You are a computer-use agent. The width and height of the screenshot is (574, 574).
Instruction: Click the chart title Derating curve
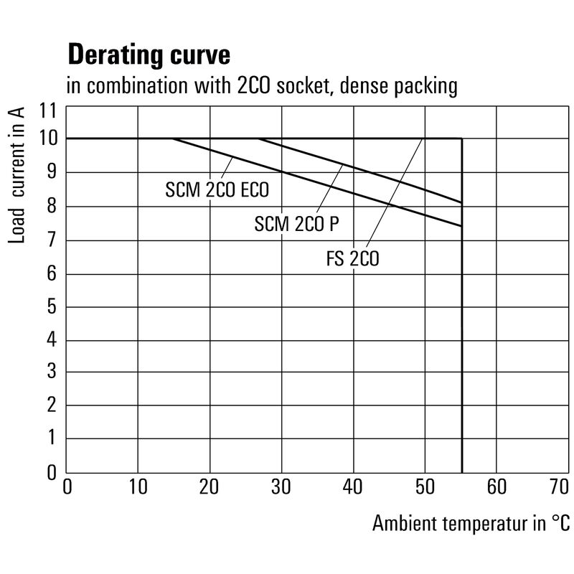click(x=149, y=55)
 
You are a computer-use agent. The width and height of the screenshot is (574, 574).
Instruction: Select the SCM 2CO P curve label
click(x=296, y=224)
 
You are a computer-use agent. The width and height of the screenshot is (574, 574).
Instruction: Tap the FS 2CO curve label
click(x=352, y=259)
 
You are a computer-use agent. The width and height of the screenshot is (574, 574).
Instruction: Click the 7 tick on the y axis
click(x=52, y=240)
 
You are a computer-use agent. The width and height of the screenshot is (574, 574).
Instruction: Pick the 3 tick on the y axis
click(x=52, y=372)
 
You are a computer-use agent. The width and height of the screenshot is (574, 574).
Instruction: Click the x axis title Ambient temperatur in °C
click(x=470, y=524)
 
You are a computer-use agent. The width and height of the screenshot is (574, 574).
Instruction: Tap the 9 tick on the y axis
click(x=52, y=173)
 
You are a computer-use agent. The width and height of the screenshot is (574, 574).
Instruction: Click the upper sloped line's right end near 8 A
click(x=461, y=202)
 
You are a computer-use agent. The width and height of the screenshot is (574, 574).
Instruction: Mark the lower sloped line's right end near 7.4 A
click(x=461, y=226)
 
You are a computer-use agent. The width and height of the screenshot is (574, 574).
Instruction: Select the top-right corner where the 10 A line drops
click(x=461, y=138)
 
